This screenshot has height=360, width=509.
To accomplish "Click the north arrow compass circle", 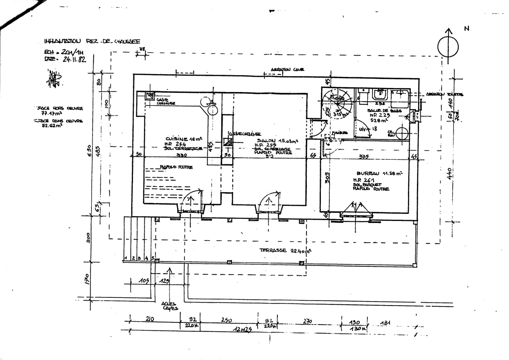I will click(x=448, y=47).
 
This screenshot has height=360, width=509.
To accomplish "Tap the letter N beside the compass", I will click(x=467, y=29).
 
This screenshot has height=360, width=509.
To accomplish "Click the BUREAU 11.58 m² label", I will click(x=379, y=174).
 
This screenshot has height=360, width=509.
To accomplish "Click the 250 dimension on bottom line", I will click(x=226, y=320).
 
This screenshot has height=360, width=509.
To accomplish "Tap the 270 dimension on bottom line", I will click(x=308, y=321).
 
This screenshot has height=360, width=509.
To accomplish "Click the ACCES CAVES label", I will click(x=170, y=306).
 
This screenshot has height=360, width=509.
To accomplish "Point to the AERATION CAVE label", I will click(x=287, y=70).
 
